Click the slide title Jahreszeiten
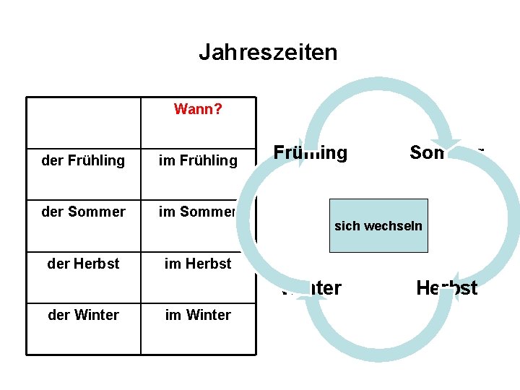click(268, 52)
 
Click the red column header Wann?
click(198, 110)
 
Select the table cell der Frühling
click(83, 160)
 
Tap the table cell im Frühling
click(198, 160)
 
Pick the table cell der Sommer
click(83, 212)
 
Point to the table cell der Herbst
click(83, 264)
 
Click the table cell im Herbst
click(198, 264)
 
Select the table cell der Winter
click(83, 315)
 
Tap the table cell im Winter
click(198, 315)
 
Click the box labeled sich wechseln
click(378, 225)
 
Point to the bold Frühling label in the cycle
click(311, 153)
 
